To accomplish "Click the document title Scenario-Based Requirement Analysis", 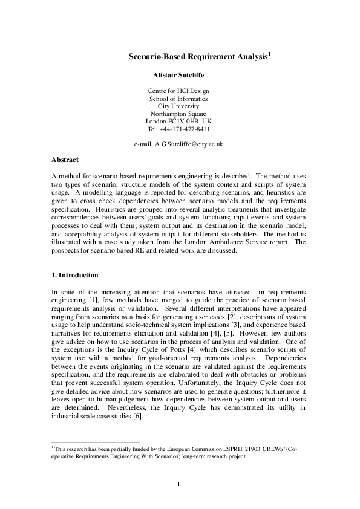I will click(198, 57).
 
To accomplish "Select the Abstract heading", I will click(65, 160).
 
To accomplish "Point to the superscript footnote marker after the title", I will click(269, 54).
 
